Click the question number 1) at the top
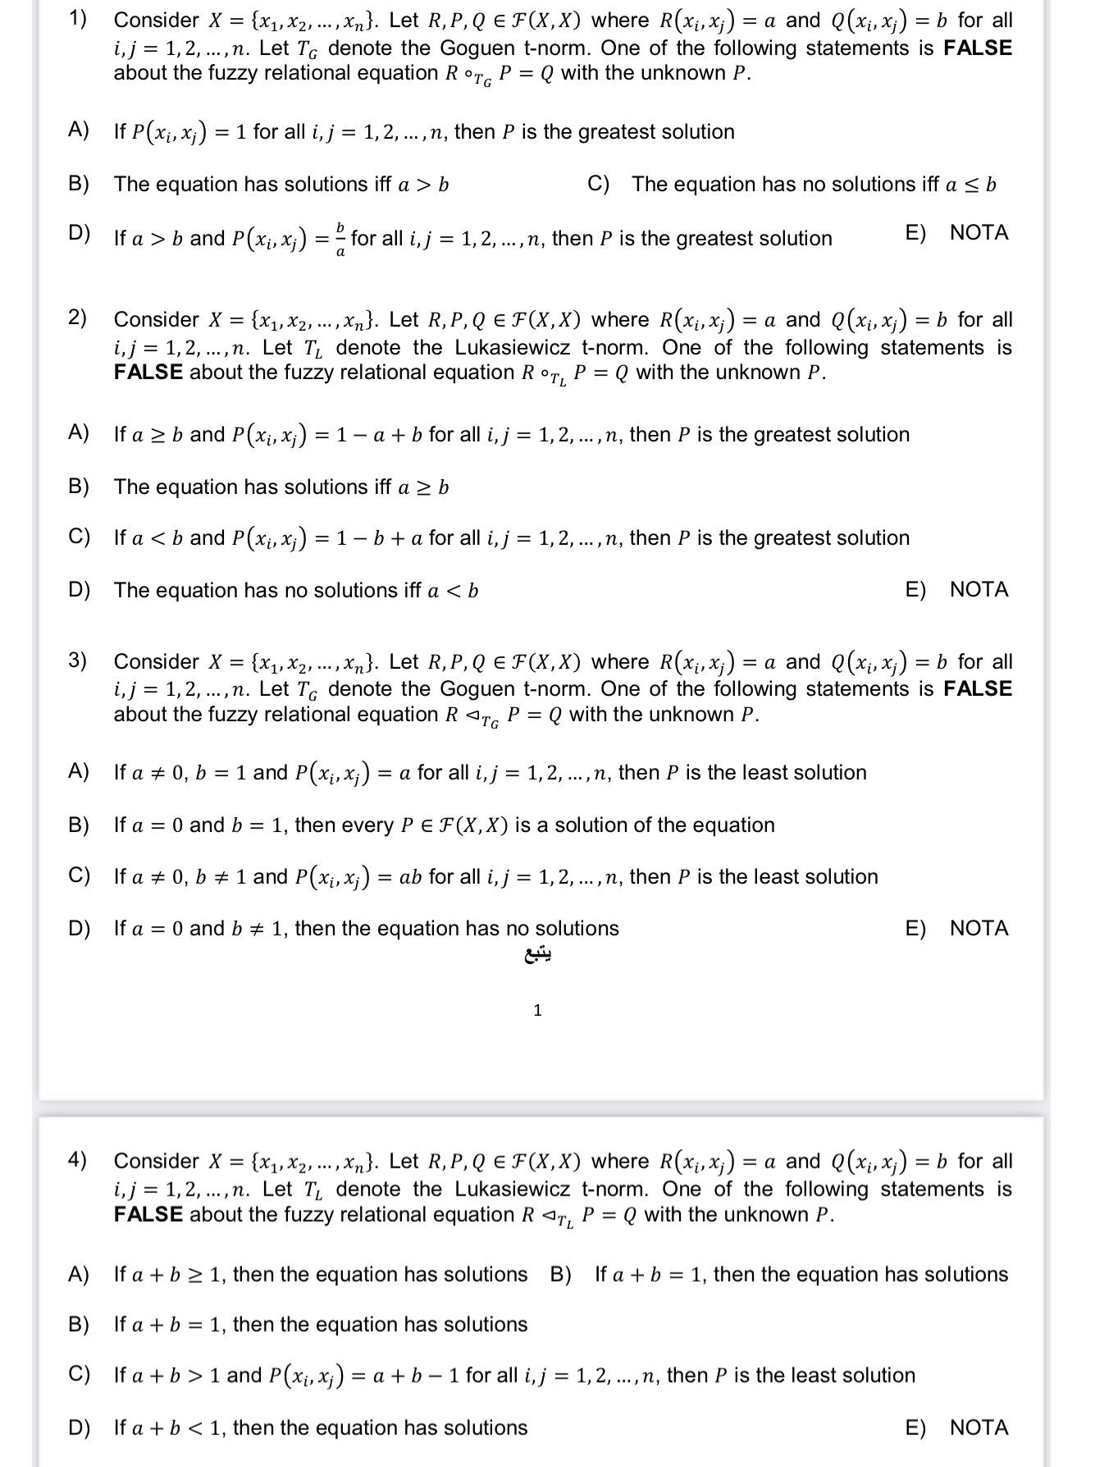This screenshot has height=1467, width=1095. click(77, 20)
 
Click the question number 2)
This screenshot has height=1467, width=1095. click(77, 318)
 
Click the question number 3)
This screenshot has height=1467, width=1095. click(77, 660)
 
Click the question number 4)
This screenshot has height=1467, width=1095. click(77, 1160)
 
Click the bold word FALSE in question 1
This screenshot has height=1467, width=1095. click(978, 48)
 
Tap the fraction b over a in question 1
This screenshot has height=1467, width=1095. click(341, 239)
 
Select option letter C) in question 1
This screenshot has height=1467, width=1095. click(599, 184)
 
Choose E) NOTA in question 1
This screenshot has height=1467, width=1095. click(956, 233)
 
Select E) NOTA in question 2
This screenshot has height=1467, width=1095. click(956, 589)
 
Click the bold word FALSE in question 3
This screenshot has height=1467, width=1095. click(978, 688)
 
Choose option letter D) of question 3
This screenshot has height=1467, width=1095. click(79, 928)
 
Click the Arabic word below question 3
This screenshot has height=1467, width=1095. click(537, 955)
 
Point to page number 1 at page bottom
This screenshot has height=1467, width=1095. click(537, 1010)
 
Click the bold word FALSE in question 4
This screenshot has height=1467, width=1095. click(148, 1215)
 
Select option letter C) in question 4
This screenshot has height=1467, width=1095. click(79, 1374)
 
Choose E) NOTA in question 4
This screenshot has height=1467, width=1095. click(956, 1428)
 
